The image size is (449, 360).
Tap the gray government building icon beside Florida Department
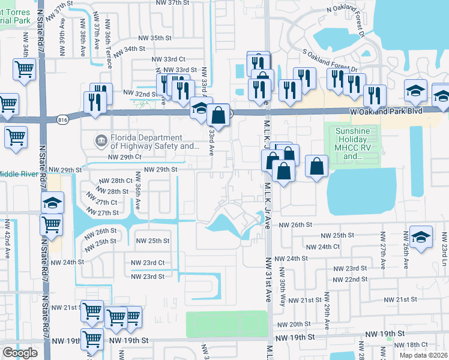100,142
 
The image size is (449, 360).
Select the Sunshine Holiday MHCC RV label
353,144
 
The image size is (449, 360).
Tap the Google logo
19,353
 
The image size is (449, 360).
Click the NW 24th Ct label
322,247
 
